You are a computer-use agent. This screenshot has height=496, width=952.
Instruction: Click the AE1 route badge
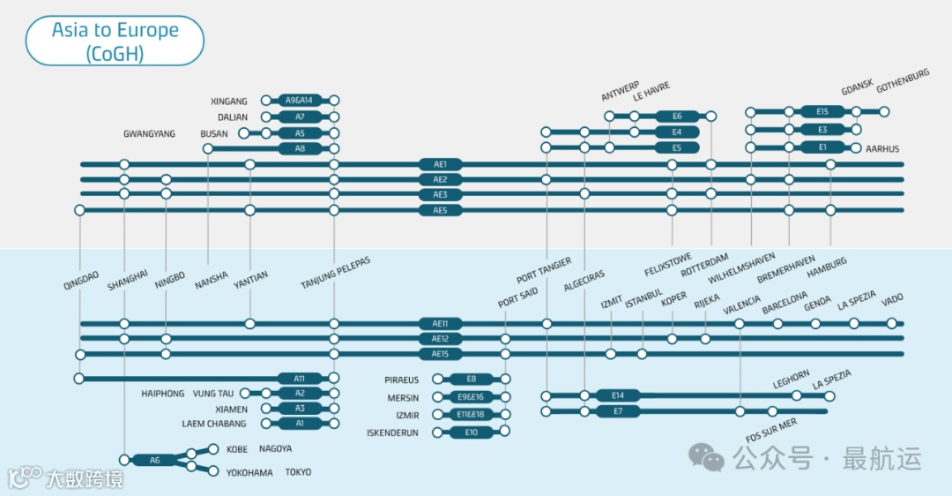pos(441,164)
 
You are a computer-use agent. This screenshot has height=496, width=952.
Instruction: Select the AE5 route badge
pos(441,210)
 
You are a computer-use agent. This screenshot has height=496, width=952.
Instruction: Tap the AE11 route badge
pos(441,324)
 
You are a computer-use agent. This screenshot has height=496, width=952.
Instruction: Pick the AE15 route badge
pos(441,354)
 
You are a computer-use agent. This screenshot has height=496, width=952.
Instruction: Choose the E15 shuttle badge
pos(822,111)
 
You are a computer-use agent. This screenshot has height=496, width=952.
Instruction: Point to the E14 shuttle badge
pos(617,395)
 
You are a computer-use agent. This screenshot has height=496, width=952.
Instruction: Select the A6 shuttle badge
pos(155,460)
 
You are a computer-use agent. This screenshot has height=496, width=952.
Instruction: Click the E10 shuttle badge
pos(472,432)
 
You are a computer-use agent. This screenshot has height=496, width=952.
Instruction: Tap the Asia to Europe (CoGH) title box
pos(115,41)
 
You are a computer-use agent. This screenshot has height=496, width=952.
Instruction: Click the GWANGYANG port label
pos(149,134)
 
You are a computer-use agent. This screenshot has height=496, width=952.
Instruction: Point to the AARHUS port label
pos(882,149)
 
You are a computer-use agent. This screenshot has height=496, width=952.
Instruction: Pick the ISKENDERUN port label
pos(392,432)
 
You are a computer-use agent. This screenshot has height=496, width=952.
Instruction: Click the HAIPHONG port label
pos(163,394)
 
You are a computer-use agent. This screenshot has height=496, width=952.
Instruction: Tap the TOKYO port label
pos(298,472)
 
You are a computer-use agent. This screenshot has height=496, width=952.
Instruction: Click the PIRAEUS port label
pos(401,380)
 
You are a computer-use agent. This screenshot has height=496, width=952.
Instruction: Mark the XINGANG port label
pos(229,101)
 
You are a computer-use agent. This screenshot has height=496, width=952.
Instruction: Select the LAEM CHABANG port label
pos(215,424)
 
